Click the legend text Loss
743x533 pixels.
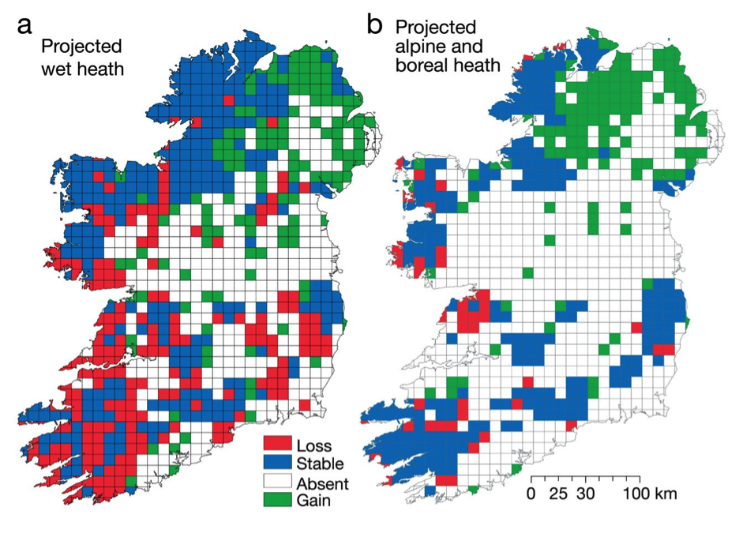[314, 445]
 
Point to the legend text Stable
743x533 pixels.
[320, 463]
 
